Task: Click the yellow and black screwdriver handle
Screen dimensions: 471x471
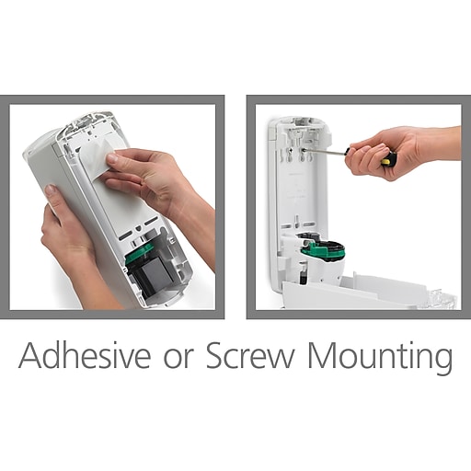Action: point(387,159)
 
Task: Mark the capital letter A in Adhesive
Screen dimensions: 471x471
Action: point(30,357)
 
